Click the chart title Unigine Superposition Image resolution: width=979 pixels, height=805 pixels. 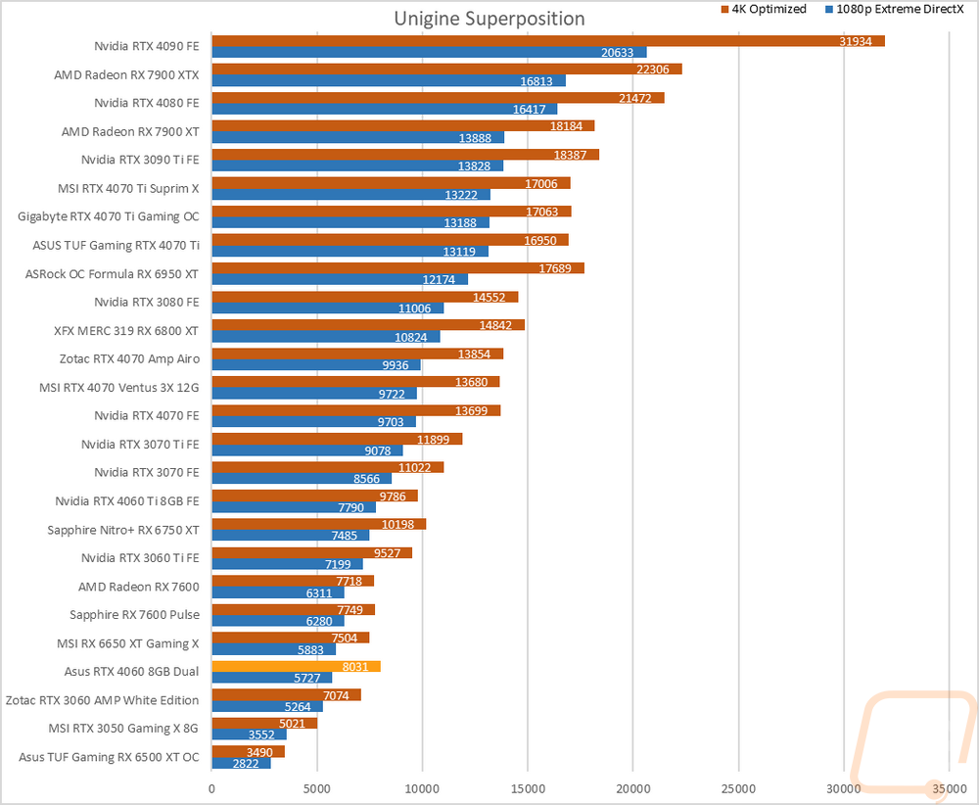pyautogui.click(x=489, y=19)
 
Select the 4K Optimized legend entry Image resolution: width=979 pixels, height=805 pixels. pyautogui.click(x=765, y=9)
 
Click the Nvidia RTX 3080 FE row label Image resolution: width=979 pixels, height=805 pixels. pyautogui.click(x=147, y=303)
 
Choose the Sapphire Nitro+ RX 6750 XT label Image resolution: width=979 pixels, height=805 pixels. pyautogui.click(x=123, y=530)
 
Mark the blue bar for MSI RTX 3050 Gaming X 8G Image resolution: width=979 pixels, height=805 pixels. pyautogui.click(x=249, y=734)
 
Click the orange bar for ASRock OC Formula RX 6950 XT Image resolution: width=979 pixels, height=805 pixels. pyautogui.click(x=392, y=267)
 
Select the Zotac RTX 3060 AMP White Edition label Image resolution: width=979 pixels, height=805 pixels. pyautogui.click(x=103, y=700)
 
